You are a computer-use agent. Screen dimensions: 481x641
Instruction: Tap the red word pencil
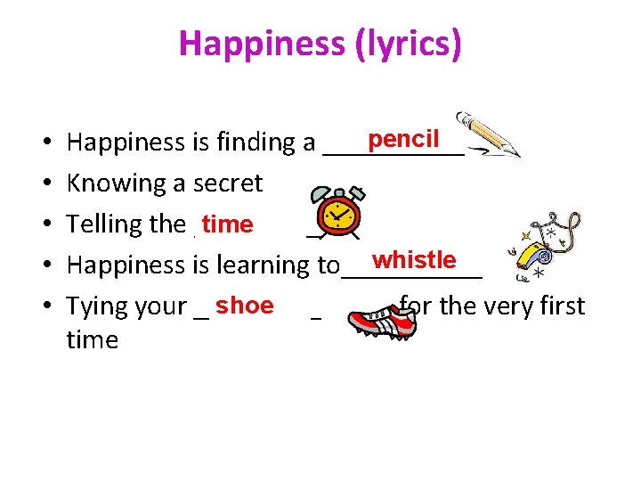coord(404,139)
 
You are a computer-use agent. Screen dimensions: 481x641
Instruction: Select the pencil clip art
coord(487,135)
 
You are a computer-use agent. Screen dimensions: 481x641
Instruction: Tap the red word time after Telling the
coord(227,224)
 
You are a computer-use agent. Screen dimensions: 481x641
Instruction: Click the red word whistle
coord(414,260)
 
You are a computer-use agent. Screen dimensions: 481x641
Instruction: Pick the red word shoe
coord(244,306)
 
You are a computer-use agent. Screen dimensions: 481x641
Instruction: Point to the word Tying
coord(96,306)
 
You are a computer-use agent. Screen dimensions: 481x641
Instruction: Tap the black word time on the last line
coord(92,339)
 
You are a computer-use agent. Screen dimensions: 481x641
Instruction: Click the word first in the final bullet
coord(561,306)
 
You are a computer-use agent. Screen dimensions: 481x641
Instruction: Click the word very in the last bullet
coord(507,306)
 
